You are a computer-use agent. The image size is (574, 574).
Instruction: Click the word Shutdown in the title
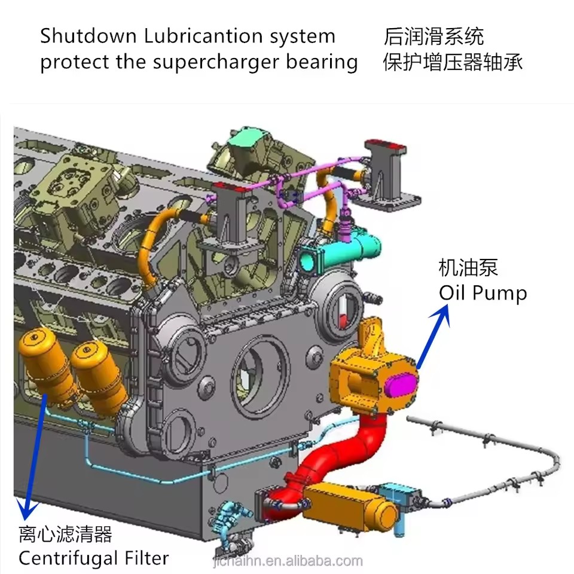click(x=88, y=36)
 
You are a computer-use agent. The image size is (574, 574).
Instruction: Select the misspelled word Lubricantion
click(x=203, y=36)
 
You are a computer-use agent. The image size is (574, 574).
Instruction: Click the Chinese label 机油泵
click(x=468, y=268)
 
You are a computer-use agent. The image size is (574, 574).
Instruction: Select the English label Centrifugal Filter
click(x=94, y=558)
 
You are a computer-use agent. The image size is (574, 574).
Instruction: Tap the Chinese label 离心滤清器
click(x=65, y=534)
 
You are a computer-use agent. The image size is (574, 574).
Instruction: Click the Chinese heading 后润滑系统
click(x=433, y=36)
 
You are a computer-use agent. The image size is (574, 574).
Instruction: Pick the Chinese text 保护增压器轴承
click(x=453, y=62)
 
